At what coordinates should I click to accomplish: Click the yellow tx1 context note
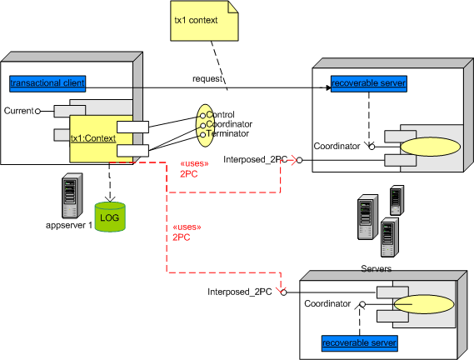tap(204, 21)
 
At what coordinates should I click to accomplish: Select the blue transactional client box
tap(47, 83)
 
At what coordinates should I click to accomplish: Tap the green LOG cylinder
tap(110, 217)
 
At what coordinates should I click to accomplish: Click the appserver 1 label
tap(69, 225)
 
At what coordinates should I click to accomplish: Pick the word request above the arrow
tap(207, 78)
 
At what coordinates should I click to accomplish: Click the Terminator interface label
tap(227, 133)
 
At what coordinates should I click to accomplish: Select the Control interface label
tap(220, 114)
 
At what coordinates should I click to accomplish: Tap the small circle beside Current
tap(37, 112)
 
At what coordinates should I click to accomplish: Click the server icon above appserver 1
tap(72, 196)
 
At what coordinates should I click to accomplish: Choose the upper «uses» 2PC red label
tap(194, 169)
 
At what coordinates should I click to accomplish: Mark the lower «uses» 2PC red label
tap(187, 232)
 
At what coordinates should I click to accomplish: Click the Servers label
tap(376, 268)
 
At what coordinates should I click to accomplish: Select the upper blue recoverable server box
tap(369, 83)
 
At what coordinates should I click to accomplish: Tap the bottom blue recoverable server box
tap(359, 343)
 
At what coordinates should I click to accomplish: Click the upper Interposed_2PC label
tap(256, 159)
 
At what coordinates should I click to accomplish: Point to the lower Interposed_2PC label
tap(239, 292)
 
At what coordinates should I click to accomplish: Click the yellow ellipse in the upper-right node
tap(431, 147)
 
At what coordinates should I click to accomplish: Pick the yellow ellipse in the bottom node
tap(424, 304)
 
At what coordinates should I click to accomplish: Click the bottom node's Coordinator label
tap(327, 303)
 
